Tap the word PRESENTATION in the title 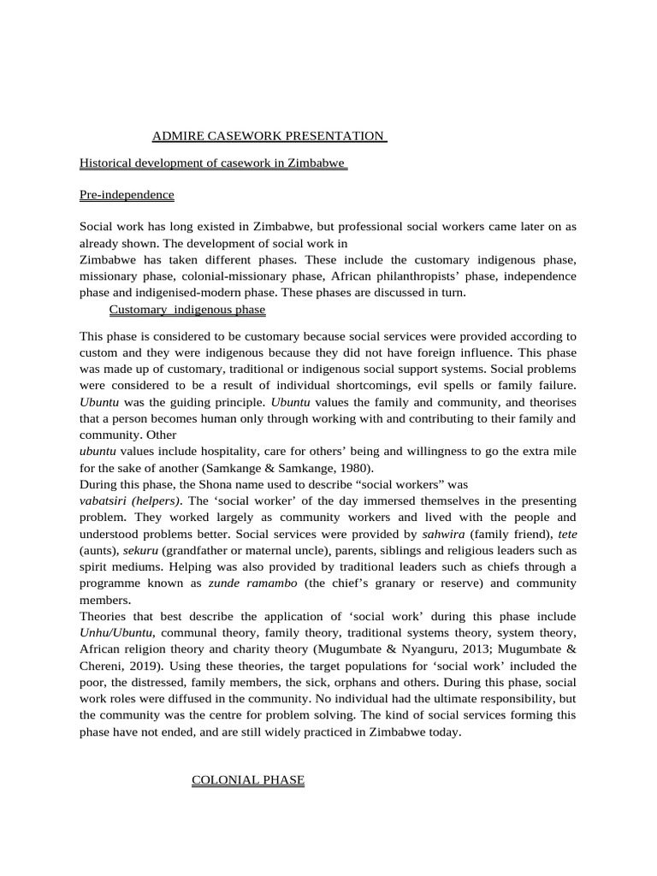(x=337, y=136)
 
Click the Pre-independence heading (x=127, y=195)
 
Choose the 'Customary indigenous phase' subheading (x=186, y=309)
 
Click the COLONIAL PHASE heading (x=248, y=780)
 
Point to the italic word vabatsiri (x=106, y=500)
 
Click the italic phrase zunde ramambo (x=248, y=583)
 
